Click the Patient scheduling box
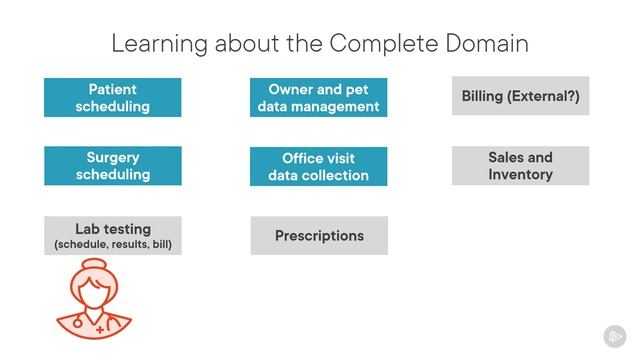tap(113, 97)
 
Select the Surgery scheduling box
tap(113, 166)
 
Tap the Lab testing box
tap(113, 235)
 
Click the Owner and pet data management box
tap(318, 97)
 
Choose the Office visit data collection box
tap(318, 166)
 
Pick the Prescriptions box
tap(318, 236)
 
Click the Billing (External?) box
tap(520, 97)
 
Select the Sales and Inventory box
tap(520, 166)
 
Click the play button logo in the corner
tap(614, 336)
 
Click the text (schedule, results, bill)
tap(113, 244)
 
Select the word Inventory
tap(520, 175)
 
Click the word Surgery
tap(113, 157)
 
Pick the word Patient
tap(113, 89)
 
